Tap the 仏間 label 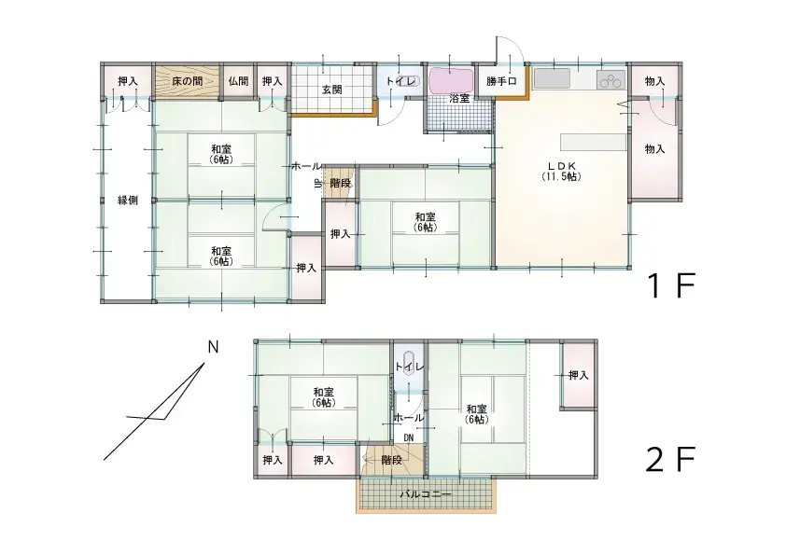pos(238,80)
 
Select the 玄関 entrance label pos(331,90)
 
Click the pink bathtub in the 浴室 pos(451,79)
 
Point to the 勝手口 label pos(500,80)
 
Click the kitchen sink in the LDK pos(552,78)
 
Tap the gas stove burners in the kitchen pos(611,80)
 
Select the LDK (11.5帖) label pos(561,171)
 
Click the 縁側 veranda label pos(127,200)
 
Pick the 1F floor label pos(671,285)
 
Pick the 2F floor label pos(670,459)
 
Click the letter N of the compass pos(213,347)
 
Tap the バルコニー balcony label pos(426,494)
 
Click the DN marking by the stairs pos(409,437)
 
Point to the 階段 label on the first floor pos(341,183)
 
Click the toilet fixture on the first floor pos(406,80)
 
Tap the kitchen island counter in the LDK pos(594,142)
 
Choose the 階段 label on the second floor pos(391,459)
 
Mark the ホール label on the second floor pos(410,417)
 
